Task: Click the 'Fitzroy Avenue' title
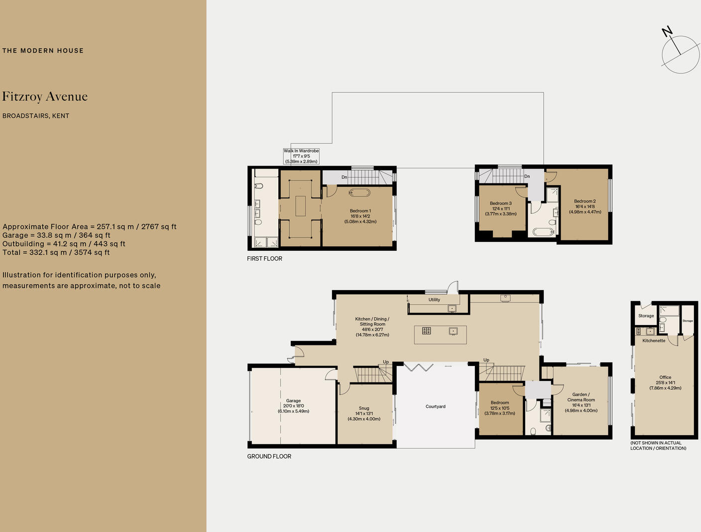tap(45, 97)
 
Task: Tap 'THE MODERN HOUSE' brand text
tap(43, 50)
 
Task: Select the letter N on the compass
tap(667, 32)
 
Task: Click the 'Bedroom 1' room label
tap(360, 211)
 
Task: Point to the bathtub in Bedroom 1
tap(359, 192)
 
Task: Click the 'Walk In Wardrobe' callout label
tap(301, 151)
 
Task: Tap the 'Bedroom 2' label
tap(585, 201)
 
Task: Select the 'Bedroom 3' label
tap(500, 203)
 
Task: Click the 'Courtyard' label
tap(435, 406)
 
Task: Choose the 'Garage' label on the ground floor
tap(293, 401)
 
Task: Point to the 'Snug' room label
tap(364, 408)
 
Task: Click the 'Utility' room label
tap(434, 300)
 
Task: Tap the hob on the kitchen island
tap(426, 331)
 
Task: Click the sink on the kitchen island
tap(453, 331)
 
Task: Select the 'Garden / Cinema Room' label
tap(581, 397)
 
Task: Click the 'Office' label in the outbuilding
tap(665, 377)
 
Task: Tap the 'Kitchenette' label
tap(654, 341)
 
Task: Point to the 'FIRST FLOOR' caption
tap(264, 259)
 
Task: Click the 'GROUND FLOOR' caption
tap(269, 456)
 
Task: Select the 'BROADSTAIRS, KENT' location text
tap(36, 116)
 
